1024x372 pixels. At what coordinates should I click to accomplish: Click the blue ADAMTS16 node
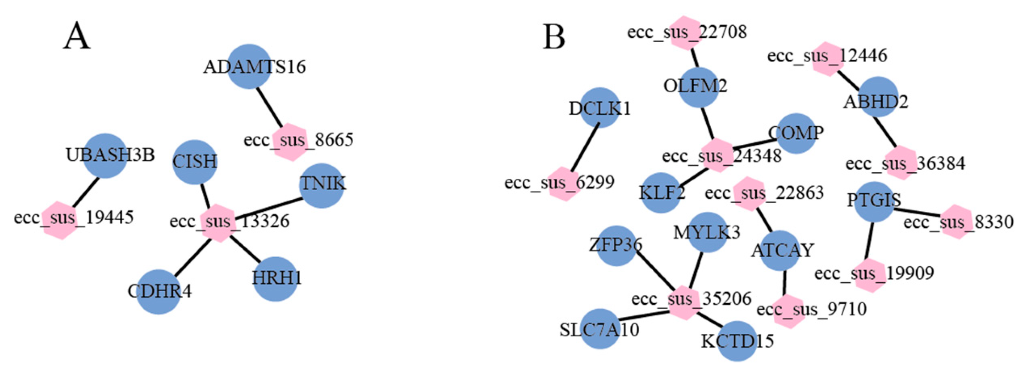pyautogui.click(x=249, y=67)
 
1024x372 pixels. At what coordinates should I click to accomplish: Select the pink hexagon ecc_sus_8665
pyautogui.click(x=291, y=142)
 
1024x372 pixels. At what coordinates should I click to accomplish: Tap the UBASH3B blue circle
pyautogui.click(x=105, y=156)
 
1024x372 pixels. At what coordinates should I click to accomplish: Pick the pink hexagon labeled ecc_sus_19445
pyautogui.click(x=61, y=220)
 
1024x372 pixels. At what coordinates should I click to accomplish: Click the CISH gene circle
pyautogui.click(x=194, y=162)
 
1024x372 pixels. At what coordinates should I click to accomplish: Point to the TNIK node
pyautogui.click(x=321, y=186)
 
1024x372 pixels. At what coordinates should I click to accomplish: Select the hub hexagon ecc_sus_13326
pyautogui.click(x=219, y=223)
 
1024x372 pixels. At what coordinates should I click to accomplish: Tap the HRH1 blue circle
pyautogui.click(x=275, y=279)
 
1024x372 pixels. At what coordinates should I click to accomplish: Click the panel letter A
pyautogui.click(x=77, y=37)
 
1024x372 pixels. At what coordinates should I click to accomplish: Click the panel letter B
pyautogui.click(x=554, y=37)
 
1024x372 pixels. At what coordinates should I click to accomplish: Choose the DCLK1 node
pyautogui.click(x=600, y=108)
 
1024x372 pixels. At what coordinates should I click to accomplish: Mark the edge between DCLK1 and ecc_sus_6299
pyautogui.click(x=585, y=147)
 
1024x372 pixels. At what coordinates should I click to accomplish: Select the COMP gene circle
pyautogui.click(x=796, y=134)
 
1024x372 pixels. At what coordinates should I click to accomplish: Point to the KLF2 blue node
pyautogui.click(x=661, y=193)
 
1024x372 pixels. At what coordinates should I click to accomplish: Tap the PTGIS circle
pyautogui.click(x=874, y=201)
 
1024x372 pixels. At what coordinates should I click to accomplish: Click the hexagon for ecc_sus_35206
pyautogui.click(x=684, y=302)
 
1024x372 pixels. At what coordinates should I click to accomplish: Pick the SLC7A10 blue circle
pyautogui.click(x=600, y=329)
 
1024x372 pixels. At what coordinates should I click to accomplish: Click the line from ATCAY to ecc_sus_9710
pyautogui.click(x=785, y=283)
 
